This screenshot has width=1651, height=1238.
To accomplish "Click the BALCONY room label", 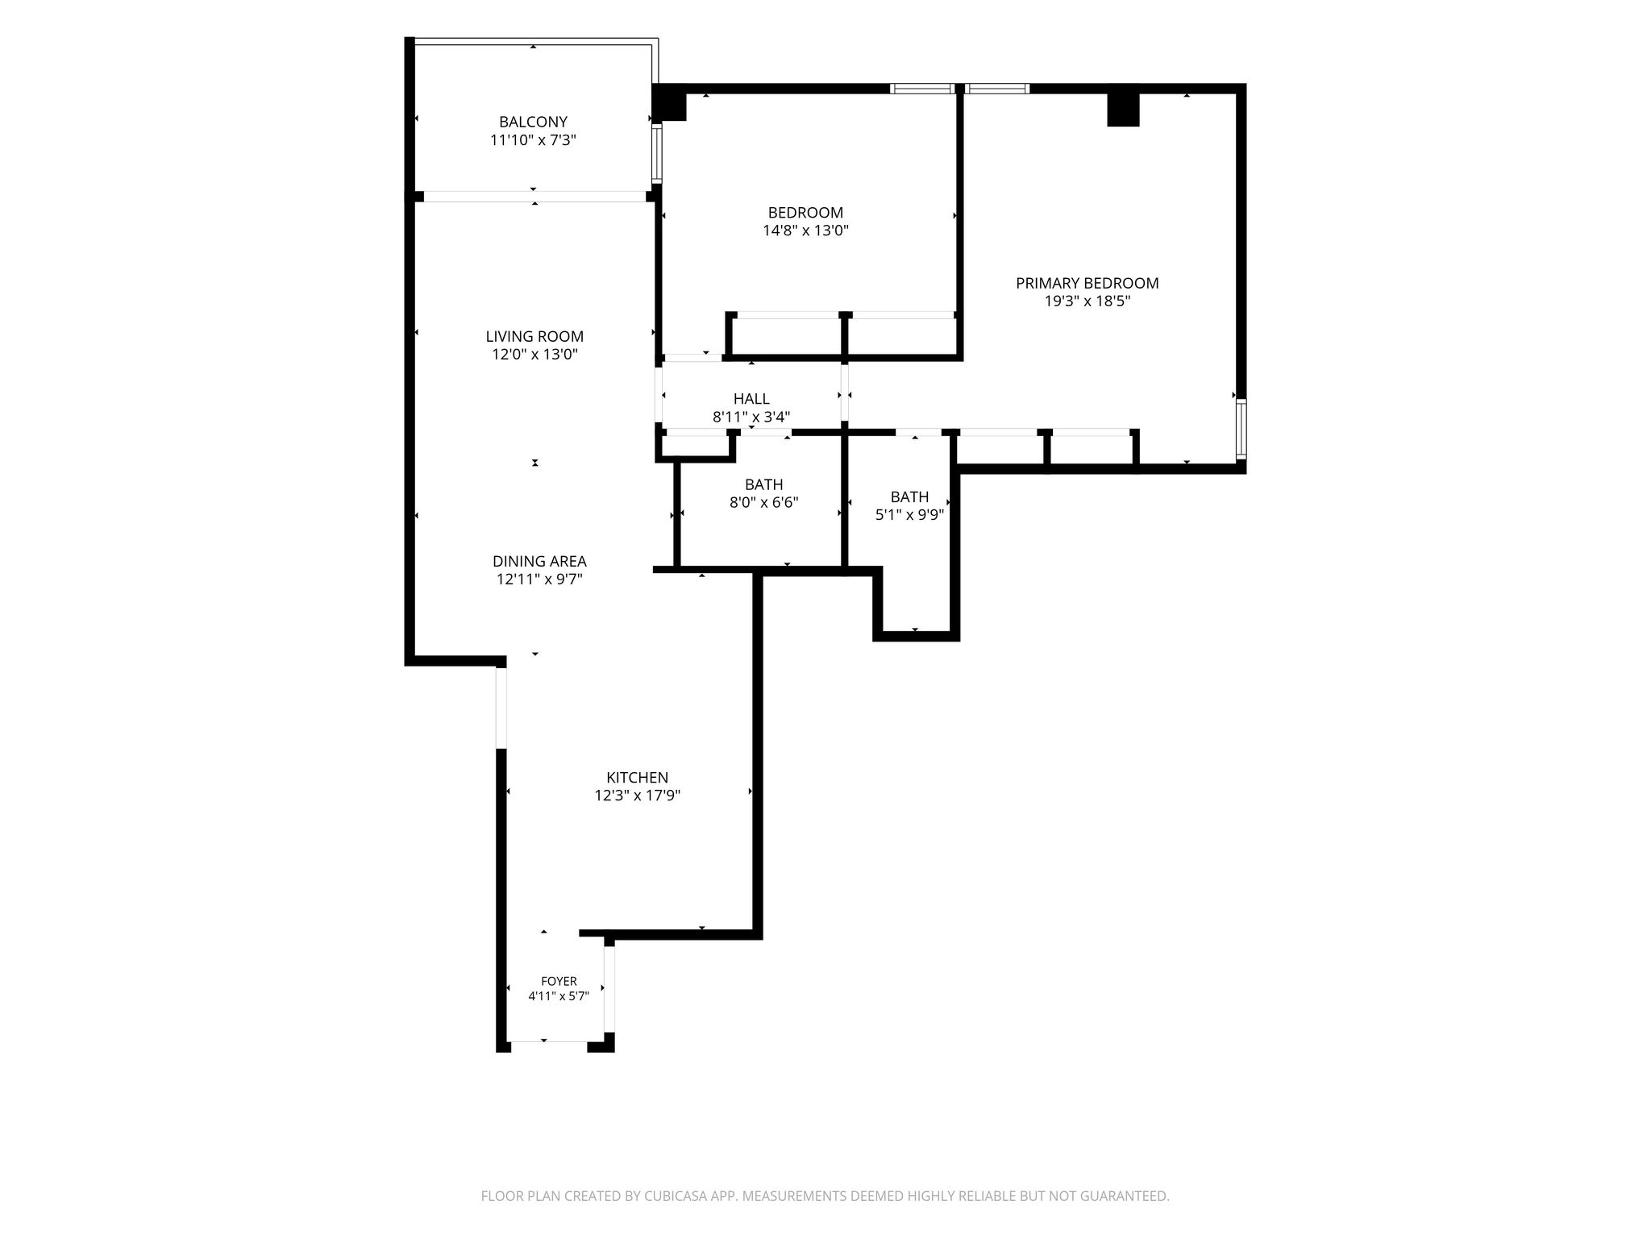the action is tap(533, 122).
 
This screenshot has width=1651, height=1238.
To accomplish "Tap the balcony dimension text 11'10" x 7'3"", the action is tap(533, 140).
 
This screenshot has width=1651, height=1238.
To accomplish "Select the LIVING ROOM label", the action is tap(534, 336).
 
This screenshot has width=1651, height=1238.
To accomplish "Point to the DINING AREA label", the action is tap(539, 561).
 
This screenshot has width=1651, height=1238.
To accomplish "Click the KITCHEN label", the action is tap(637, 778).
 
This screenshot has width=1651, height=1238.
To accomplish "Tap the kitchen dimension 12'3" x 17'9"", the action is tap(637, 796).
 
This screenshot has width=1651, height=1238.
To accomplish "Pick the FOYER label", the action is tap(559, 981).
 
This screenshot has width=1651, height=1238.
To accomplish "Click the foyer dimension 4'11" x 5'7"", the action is tap(559, 996).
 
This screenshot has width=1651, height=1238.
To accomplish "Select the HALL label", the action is tap(751, 399).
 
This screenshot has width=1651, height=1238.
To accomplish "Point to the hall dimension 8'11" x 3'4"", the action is tap(751, 417).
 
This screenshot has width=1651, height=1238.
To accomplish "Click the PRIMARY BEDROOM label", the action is tap(1087, 283).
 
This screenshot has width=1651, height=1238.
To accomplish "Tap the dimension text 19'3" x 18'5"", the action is tap(1087, 301).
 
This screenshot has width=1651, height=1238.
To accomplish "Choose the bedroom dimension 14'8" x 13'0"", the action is tap(805, 231).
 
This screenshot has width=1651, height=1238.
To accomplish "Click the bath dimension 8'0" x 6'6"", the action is tap(763, 502).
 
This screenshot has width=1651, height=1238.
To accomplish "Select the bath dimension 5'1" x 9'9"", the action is tap(909, 514).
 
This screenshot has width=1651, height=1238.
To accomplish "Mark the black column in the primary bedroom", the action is tap(1123, 110).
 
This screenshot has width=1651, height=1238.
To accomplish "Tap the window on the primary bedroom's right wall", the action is tap(1241, 430).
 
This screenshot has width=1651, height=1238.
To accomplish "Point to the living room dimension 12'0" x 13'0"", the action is tap(534, 355).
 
